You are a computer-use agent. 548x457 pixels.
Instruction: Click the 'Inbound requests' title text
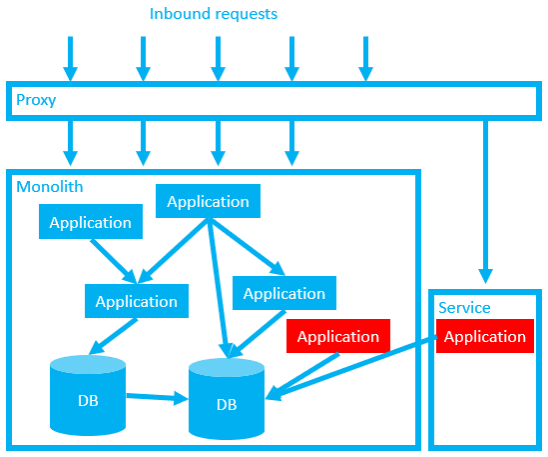tap(214, 14)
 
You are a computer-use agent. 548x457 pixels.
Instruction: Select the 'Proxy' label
tap(36, 101)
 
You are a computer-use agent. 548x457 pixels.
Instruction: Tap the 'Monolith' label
tap(50, 186)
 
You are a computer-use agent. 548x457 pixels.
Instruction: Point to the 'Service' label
tap(464, 308)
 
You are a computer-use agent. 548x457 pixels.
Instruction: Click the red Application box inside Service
tap(484, 336)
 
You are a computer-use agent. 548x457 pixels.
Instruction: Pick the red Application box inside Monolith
tap(337, 336)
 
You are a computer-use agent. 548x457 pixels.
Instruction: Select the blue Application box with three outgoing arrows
tap(208, 202)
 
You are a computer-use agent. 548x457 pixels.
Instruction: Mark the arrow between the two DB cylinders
tap(157, 398)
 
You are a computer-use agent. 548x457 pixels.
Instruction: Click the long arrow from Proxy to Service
tap(486, 200)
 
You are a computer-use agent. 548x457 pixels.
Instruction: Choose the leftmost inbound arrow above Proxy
tap(70, 58)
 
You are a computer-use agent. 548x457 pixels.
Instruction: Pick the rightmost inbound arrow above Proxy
tap(365, 58)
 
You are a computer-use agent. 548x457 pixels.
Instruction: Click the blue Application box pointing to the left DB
tap(136, 301)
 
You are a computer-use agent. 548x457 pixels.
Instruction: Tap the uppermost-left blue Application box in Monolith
tap(90, 222)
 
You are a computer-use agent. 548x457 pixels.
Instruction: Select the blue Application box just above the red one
tap(284, 293)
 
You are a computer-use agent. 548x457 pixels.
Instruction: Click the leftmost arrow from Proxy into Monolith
tap(70, 142)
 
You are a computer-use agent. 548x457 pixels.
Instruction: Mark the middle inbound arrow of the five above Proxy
tap(217, 58)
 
